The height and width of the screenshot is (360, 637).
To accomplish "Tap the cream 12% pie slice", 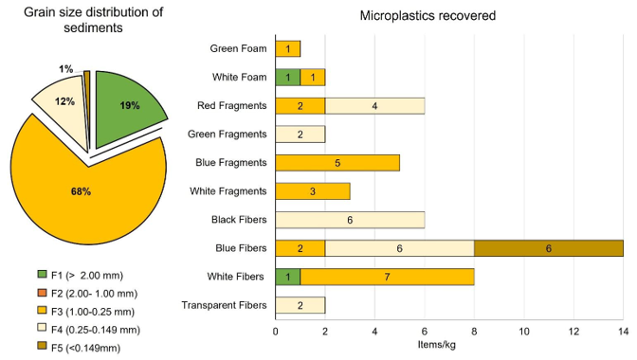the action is click(65, 105).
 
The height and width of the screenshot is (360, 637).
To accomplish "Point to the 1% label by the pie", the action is click(65, 69).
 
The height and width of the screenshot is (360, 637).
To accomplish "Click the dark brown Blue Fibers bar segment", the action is click(549, 248).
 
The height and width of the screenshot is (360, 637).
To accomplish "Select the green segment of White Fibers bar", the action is click(287, 277).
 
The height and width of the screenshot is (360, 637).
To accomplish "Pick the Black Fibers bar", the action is click(350, 220).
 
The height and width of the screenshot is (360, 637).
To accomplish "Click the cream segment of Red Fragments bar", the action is click(375, 106).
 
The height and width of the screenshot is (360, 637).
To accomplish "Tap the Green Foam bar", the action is click(287, 49).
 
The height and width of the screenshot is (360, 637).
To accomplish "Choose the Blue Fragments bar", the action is click(337, 163).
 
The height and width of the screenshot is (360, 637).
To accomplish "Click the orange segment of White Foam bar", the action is click(313, 78).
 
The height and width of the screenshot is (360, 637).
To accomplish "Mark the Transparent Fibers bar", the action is click(300, 305).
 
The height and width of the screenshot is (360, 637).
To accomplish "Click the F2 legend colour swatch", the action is click(43, 293).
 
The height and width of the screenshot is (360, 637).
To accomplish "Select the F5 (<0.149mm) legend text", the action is click(85, 348).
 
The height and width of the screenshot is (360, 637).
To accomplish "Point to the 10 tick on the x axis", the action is click(524, 332).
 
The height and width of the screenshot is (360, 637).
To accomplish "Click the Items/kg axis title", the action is click(437, 345).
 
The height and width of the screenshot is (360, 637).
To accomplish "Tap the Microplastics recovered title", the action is click(428, 15).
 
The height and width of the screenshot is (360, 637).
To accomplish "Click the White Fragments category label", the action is click(227, 191).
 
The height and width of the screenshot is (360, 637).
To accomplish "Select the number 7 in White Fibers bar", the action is click(387, 277).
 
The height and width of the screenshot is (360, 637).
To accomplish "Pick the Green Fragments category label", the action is click(227, 135).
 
